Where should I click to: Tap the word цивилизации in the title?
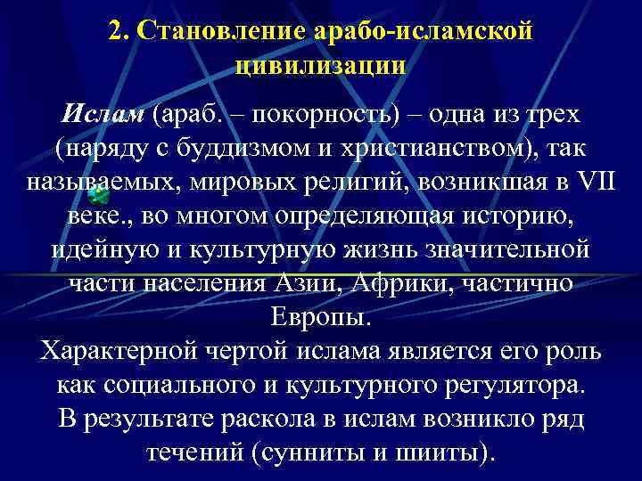[321, 64]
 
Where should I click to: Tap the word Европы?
[320, 316]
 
